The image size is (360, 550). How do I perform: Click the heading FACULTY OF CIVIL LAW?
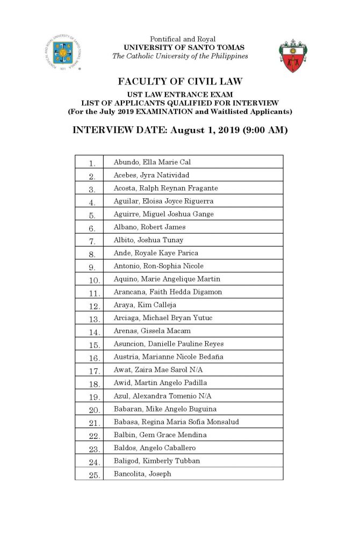(180, 82)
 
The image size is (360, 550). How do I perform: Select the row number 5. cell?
(92, 215)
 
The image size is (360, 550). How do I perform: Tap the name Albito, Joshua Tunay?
(141, 240)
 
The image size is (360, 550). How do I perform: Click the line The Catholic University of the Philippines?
(180, 56)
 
